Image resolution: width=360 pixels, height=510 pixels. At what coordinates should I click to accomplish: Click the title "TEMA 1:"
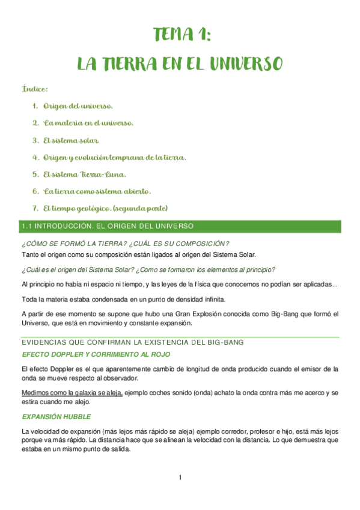pyautogui.click(x=181, y=35)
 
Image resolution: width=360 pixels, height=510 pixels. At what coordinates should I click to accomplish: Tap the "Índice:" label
pyautogui.click(x=35, y=89)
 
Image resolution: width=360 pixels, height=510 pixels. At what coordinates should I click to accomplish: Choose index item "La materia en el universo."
pyautogui.click(x=88, y=123)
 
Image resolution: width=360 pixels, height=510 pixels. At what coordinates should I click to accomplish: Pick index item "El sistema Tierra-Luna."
pyautogui.click(x=85, y=175)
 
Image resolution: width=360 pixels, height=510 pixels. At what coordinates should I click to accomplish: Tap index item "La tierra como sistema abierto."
pyautogui.click(x=97, y=192)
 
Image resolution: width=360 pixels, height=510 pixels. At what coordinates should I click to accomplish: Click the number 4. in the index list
pyautogui.click(x=35, y=158)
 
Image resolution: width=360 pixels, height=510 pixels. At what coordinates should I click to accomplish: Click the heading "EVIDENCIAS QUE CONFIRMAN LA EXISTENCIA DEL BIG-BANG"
pyautogui.click(x=132, y=342)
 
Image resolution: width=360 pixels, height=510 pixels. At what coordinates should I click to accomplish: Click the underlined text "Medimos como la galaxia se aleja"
pyautogui.click(x=72, y=393)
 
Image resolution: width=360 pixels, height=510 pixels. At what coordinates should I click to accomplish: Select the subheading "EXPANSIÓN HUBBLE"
pyautogui.click(x=56, y=416)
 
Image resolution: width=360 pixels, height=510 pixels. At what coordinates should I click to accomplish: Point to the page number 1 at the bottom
pyautogui.click(x=180, y=478)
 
